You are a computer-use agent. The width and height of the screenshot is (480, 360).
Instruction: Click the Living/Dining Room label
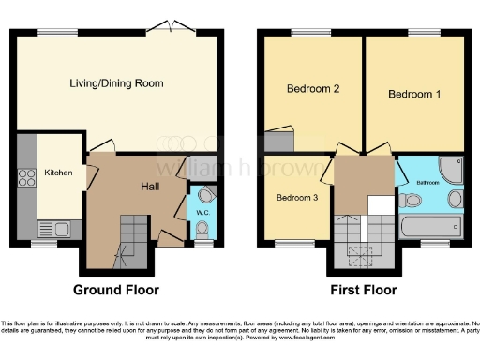(116, 83)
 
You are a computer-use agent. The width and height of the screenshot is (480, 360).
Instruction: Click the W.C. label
(202, 212)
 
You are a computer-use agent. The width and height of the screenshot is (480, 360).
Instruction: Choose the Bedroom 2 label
(312, 90)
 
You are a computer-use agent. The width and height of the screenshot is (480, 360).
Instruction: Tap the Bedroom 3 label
(296, 197)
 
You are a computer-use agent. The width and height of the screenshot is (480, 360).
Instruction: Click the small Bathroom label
(428, 183)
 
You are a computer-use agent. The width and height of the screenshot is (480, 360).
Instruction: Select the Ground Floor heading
(117, 290)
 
